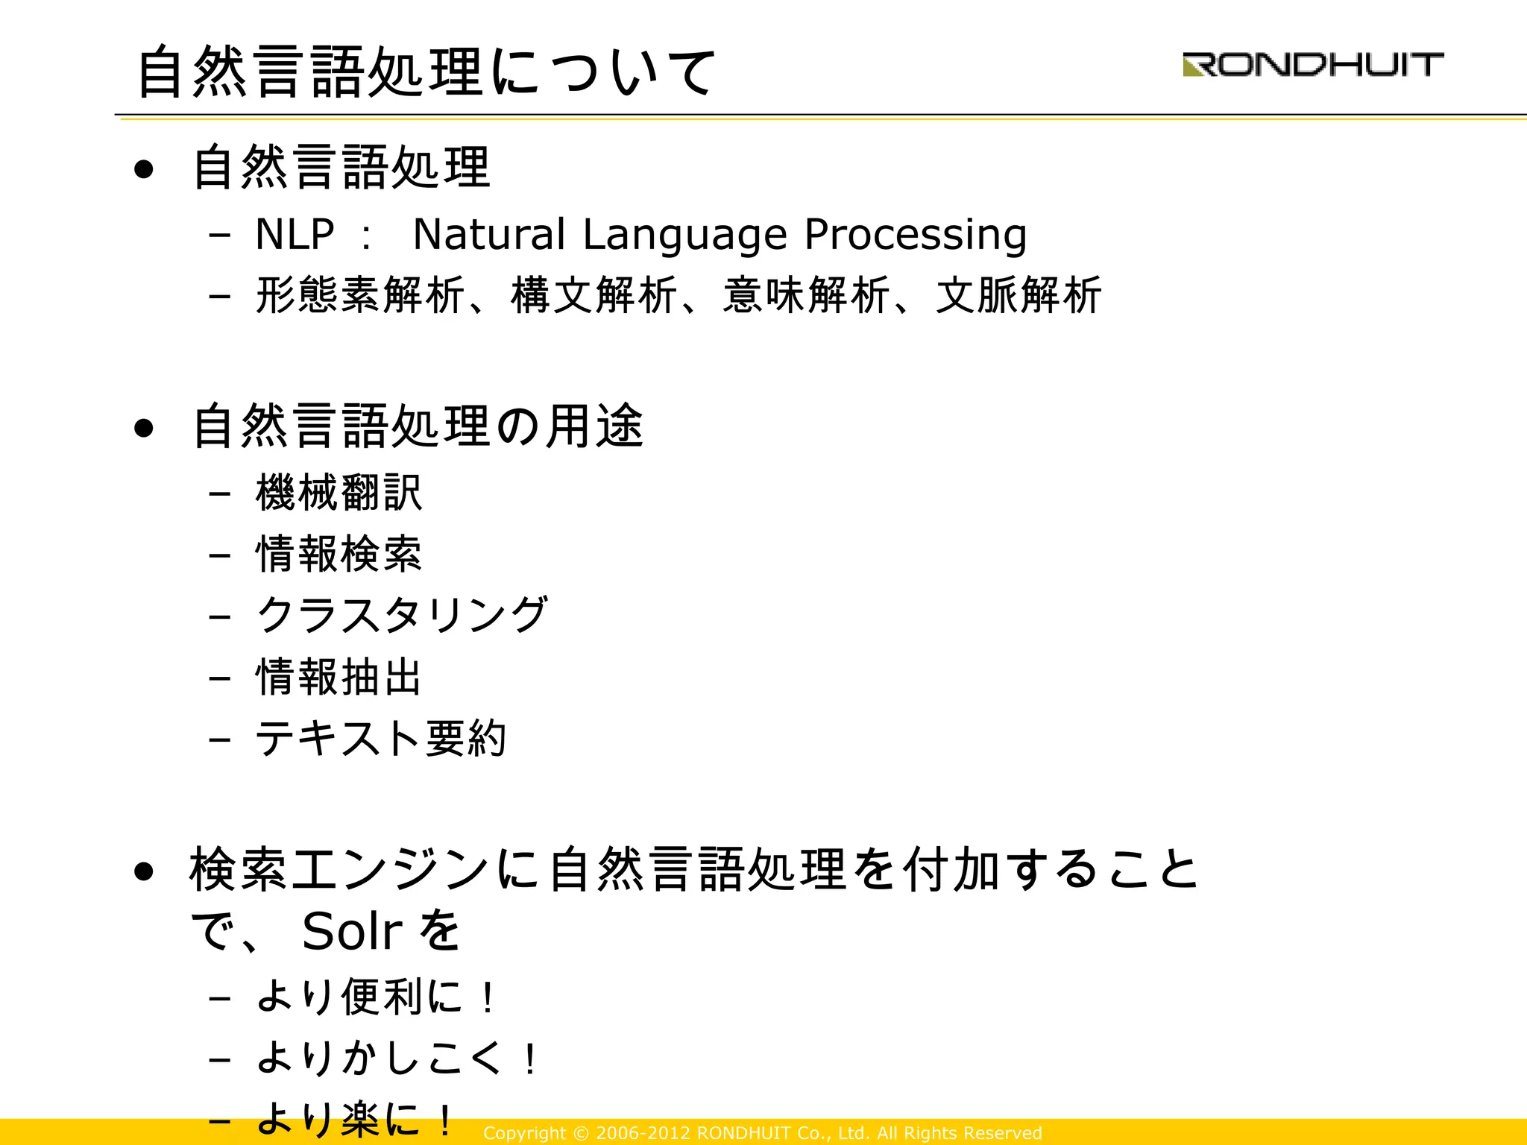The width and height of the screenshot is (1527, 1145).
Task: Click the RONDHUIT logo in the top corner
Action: click(1313, 65)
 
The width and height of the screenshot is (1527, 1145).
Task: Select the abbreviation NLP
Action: click(295, 235)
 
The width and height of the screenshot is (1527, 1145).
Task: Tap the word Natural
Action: click(488, 235)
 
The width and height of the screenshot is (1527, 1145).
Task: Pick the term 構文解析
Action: click(594, 295)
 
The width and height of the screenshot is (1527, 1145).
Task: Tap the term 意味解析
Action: click(806, 295)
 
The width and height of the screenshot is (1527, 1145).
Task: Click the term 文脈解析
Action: click(1018, 295)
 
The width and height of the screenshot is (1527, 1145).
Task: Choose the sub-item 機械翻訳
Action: click(339, 493)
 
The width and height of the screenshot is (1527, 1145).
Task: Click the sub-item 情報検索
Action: click(339, 555)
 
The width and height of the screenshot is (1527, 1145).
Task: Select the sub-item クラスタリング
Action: click(402, 616)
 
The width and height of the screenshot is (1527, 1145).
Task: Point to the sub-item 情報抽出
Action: click(339, 677)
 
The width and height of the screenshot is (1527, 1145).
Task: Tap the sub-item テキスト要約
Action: click(381, 739)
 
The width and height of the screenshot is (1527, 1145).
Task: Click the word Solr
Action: click(352, 932)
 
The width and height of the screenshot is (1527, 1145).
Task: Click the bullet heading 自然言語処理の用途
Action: click(418, 426)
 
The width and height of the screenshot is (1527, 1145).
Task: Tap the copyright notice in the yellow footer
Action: click(762, 1133)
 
